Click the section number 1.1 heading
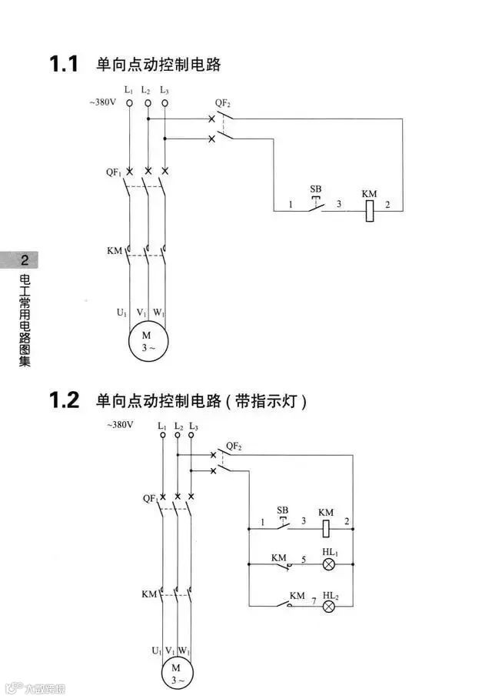click(65, 64)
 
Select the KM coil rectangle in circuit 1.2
click(326, 528)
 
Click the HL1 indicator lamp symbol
click(329, 564)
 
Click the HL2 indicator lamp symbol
click(329, 606)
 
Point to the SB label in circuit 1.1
click(315, 189)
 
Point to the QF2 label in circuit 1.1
click(223, 103)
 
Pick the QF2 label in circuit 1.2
click(234, 446)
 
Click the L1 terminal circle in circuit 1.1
click(128, 102)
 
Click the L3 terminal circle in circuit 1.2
click(193, 435)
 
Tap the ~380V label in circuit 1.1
click(102, 102)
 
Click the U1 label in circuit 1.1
click(121, 313)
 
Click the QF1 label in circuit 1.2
click(150, 498)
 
